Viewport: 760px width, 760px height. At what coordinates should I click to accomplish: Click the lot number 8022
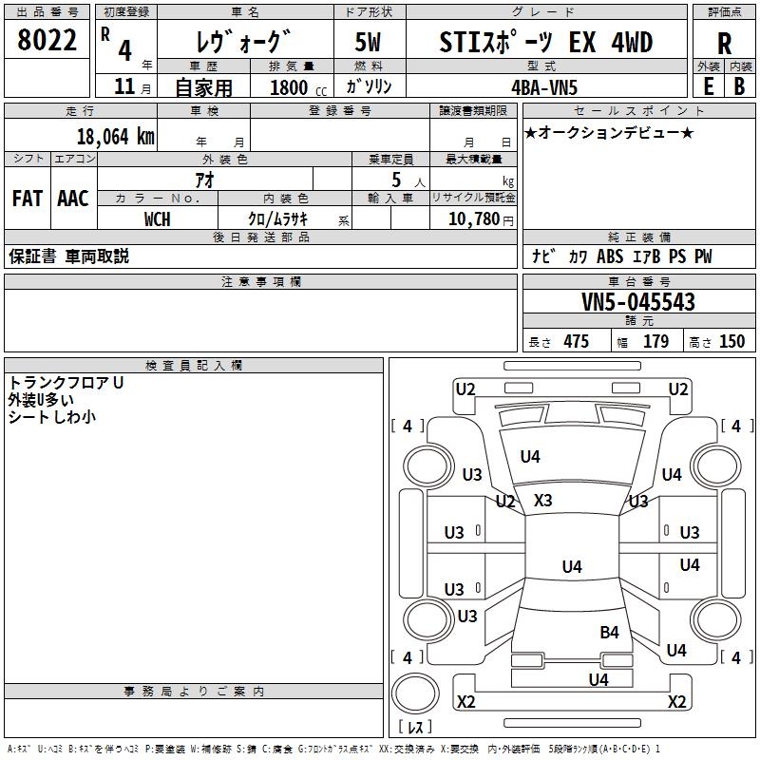tap(47, 41)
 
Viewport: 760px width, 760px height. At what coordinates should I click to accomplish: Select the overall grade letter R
tap(723, 43)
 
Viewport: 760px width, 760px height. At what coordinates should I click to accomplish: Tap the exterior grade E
tap(708, 85)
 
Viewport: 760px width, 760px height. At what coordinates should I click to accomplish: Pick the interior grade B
tap(739, 85)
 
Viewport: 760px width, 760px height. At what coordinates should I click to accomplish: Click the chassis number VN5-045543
tap(638, 302)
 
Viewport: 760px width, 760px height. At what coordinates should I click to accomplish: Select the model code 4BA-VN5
tap(544, 86)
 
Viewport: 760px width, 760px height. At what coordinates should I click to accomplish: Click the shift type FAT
tap(28, 199)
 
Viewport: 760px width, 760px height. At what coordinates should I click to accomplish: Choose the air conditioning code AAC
tap(73, 199)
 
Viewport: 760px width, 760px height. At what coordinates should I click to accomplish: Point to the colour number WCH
tap(158, 219)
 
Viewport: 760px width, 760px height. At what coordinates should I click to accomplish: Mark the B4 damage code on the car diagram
tap(609, 632)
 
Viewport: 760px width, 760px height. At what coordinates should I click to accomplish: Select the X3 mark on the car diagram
tap(543, 501)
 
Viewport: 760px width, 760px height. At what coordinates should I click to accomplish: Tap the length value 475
tap(576, 342)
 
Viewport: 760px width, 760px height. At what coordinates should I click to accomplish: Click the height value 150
tap(731, 342)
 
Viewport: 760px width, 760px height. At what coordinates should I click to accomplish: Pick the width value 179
tap(656, 342)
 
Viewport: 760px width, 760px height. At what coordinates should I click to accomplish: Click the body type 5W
tap(370, 43)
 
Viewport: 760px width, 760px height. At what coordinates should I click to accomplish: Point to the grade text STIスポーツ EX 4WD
tap(546, 43)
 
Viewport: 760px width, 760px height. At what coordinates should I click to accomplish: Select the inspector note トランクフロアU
tap(66, 383)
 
